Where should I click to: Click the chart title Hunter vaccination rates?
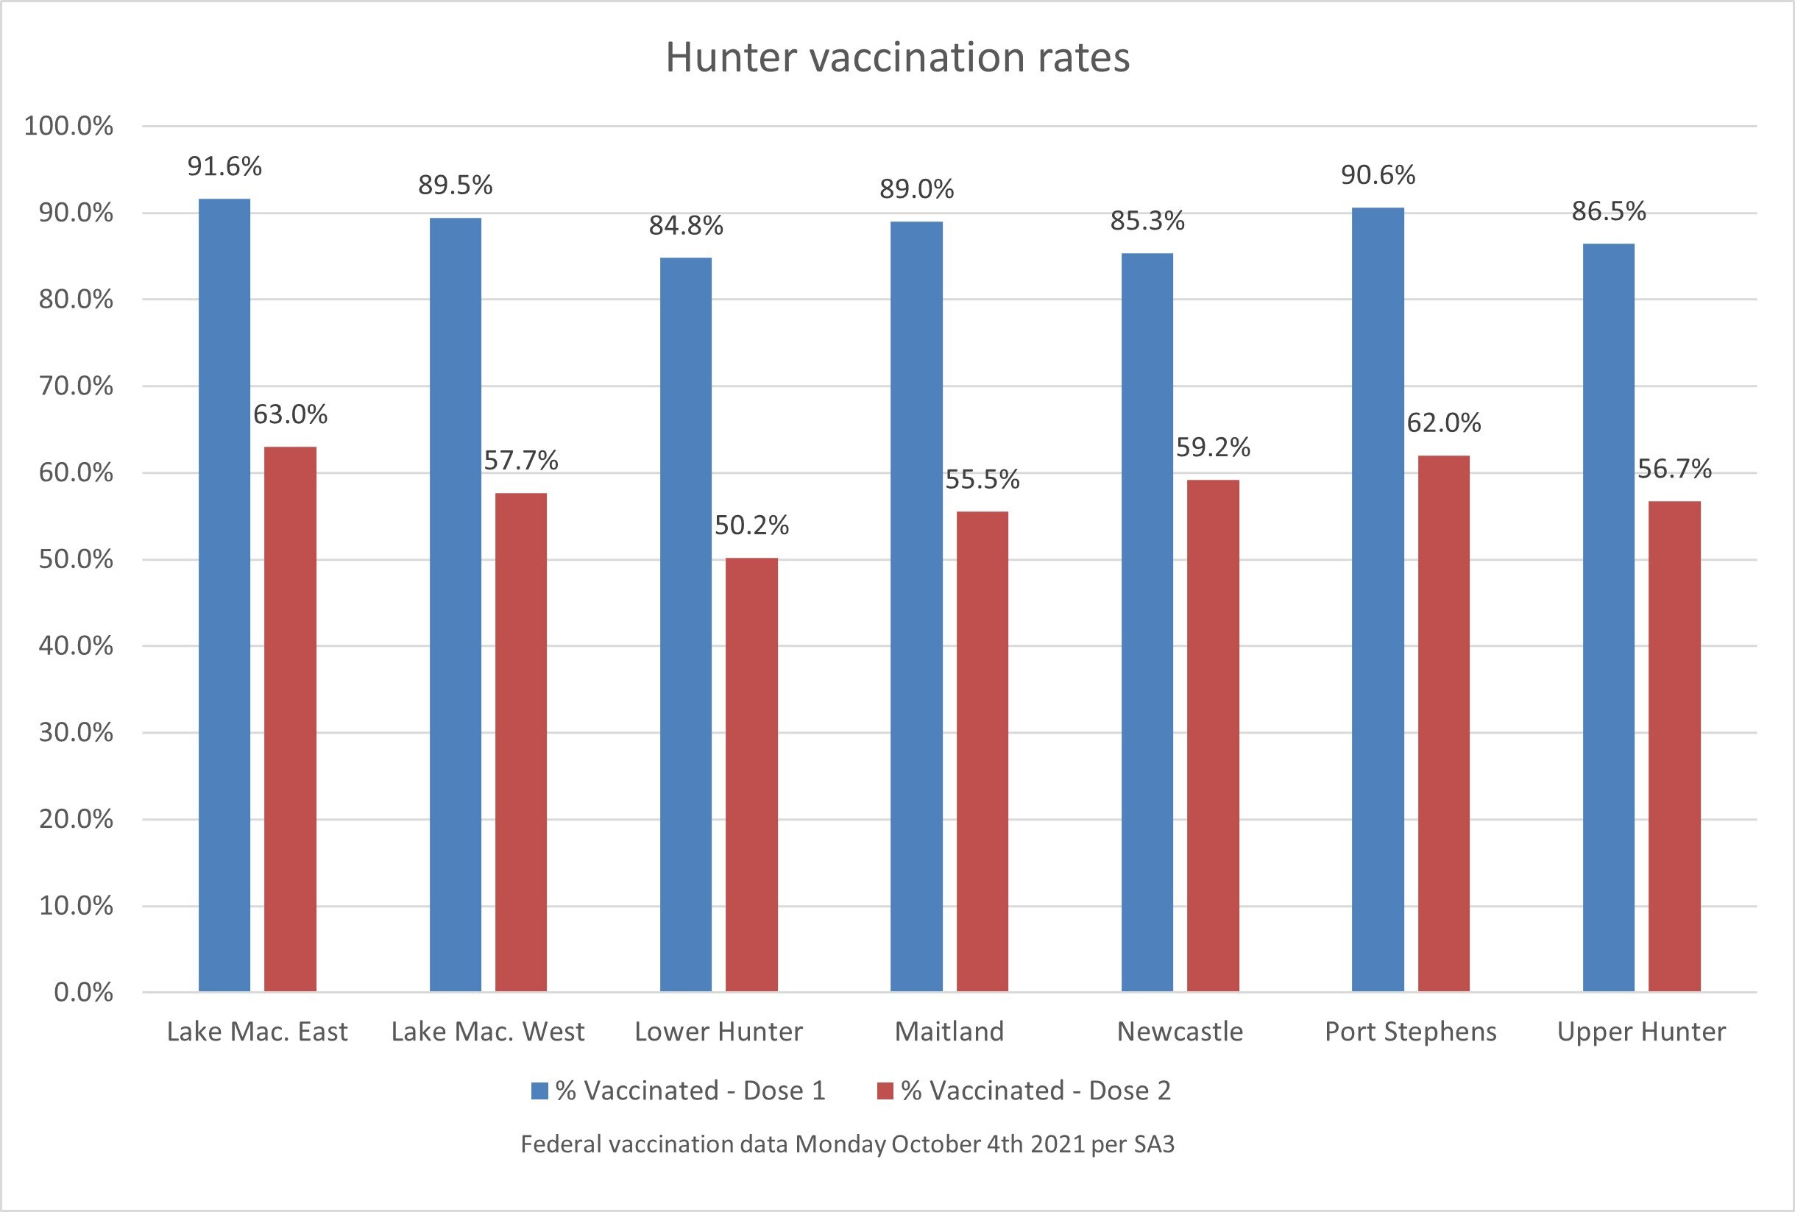pos(898,58)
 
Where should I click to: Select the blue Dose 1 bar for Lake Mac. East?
pos(224,595)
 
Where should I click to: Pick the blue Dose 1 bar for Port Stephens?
pos(1378,600)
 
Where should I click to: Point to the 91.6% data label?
pos(224,167)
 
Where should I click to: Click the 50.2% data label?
pos(751,526)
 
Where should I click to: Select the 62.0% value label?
pos(1443,423)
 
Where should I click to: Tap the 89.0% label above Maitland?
pos(917,189)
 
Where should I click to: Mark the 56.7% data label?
pos(1674,469)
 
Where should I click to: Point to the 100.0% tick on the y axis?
pos(68,126)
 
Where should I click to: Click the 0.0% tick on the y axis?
pos(83,993)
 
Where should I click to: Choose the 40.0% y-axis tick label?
pos(76,646)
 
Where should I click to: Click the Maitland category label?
pos(949,1032)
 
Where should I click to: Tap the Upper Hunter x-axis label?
pos(1641,1032)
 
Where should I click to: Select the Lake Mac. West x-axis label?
pos(488,1032)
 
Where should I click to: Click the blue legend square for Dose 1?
pos(539,1091)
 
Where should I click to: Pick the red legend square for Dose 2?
pos(885,1091)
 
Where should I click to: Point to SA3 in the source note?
pos(1154,1144)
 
